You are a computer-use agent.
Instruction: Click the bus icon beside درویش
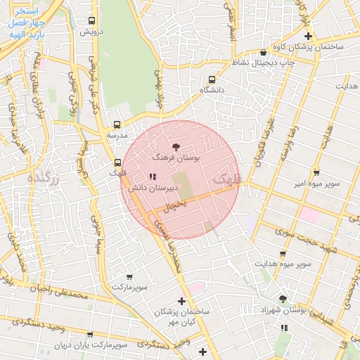(91, 21)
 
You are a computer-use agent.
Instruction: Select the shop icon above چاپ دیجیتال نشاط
(263, 52)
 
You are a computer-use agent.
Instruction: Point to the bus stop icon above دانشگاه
(212, 79)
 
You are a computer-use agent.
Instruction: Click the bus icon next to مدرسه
(117, 124)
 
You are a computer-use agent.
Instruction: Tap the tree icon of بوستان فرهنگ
(176, 147)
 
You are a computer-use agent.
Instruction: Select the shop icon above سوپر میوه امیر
(316, 172)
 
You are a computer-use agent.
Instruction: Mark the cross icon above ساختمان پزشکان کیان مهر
(182, 300)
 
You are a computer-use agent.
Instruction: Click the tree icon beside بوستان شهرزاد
(283, 299)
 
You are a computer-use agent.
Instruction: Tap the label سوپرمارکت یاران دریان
(91, 346)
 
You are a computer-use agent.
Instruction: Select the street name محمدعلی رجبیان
(60, 290)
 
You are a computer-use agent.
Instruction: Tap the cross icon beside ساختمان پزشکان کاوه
(307, 36)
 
